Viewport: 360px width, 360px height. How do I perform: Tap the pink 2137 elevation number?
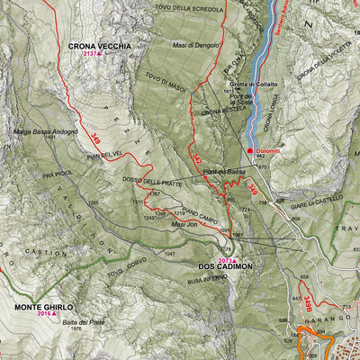90,54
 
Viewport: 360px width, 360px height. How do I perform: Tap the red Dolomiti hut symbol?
250,150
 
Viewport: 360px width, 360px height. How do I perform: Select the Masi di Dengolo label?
194,43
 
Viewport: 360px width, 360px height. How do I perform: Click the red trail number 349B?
307,302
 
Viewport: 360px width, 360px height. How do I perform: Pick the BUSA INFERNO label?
204,282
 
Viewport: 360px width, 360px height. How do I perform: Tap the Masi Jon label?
184,223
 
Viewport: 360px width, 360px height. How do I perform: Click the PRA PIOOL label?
56,173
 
